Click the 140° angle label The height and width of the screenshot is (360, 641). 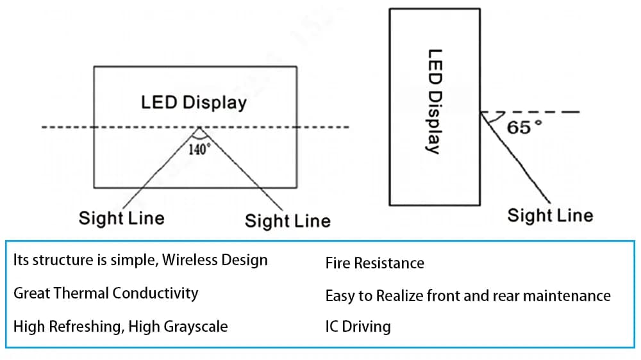point(199,150)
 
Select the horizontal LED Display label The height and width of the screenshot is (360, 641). point(194,102)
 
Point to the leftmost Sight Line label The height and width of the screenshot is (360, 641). point(121,218)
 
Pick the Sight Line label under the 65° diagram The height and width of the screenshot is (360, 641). point(550,215)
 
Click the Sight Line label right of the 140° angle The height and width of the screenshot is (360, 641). point(287,222)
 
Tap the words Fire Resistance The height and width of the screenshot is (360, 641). point(374,263)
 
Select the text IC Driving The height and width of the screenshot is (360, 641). point(358,326)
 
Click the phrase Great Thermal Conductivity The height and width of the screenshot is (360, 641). point(106,293)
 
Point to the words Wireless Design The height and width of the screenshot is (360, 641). point(215,260)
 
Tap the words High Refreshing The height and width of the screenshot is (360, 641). point(67,326)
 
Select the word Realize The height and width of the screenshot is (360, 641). point(399,295)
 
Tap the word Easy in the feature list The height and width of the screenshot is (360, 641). point(340,295)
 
